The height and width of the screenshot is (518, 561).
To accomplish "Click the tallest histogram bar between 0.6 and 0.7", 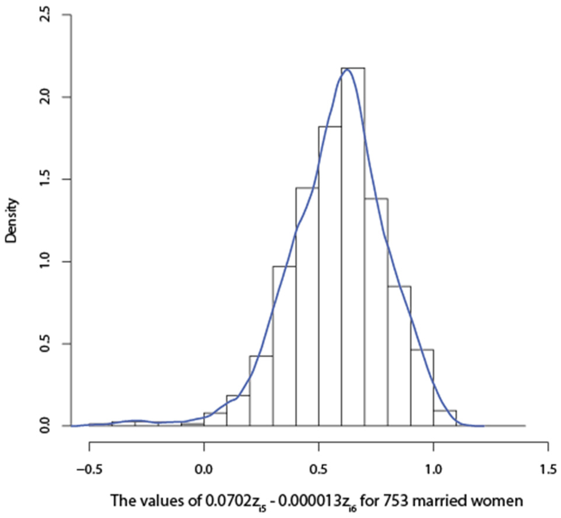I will (353, 249).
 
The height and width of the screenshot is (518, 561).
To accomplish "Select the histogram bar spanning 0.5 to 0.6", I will (330, 279).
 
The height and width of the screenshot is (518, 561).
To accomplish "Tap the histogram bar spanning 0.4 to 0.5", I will (307, 308).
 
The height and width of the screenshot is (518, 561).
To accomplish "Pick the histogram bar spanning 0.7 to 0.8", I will (376, 314).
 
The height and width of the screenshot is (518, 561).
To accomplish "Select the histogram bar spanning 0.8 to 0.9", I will (399, 358).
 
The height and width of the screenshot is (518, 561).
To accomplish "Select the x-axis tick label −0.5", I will (89, 470).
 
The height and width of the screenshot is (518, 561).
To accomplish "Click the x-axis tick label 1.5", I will (548, 470).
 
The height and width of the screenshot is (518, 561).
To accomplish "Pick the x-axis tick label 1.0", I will (433, 470).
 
